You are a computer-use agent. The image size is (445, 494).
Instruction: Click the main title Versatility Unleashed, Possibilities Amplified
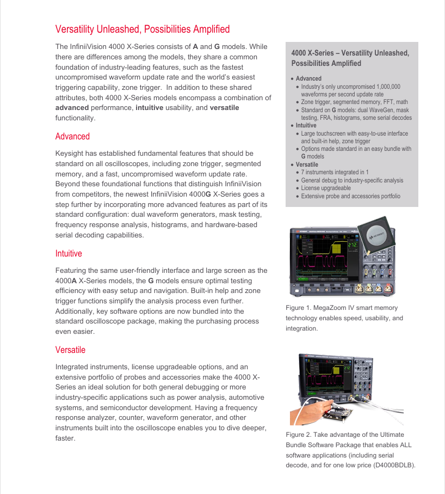point(143,29)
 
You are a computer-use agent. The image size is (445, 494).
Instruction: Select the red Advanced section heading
point(72,137)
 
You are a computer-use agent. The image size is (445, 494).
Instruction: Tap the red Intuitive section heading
point(69,254)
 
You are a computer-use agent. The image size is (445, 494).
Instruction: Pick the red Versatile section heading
point(70,350)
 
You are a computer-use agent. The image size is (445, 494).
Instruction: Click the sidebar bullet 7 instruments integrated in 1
point(335,173)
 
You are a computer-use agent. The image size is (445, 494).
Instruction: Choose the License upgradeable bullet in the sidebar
point(326,188)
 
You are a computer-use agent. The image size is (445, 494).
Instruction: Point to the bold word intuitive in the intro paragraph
point(153,108)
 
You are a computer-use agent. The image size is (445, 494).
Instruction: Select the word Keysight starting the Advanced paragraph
point(71,154)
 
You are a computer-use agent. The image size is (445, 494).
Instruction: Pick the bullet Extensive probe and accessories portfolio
point(350,196)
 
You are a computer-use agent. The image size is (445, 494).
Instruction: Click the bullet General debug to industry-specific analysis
point(352,180)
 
